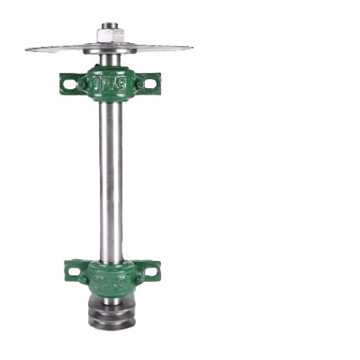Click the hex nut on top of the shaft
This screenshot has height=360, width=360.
click(x=111, y=36)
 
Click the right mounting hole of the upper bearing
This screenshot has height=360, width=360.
click(x=149, y=84)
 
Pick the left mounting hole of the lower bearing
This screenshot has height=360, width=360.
click(x=74, y=268)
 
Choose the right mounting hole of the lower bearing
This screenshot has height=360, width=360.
click(x=148, y=268)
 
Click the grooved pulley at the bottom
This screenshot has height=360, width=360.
click(x=112, y=310)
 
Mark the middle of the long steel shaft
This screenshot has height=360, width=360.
click(x=111, y=180)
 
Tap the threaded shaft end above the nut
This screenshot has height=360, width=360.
click(x=111, y=26)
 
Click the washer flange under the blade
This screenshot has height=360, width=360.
click(x=111, y=49)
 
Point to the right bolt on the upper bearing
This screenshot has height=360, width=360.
click(x=134, y=84)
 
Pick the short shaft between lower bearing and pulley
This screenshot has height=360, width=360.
click(x=112, y=294)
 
